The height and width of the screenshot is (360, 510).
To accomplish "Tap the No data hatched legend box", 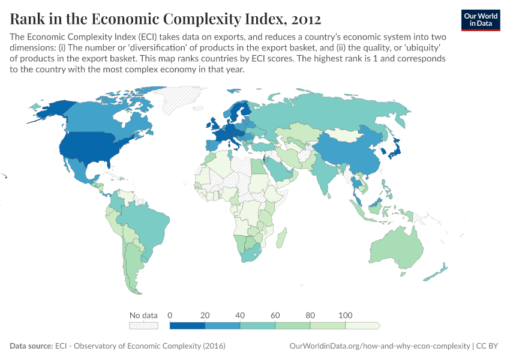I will coord(143,326).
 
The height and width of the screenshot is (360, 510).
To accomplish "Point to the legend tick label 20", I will coord(205,315).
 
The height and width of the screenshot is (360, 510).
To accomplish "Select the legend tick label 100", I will coord(345,315).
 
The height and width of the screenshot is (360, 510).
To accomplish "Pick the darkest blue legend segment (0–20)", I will coord(188,326).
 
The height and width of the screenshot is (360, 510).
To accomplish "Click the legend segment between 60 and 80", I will coord(293,326).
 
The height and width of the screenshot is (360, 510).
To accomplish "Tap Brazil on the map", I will coord(144,223).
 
